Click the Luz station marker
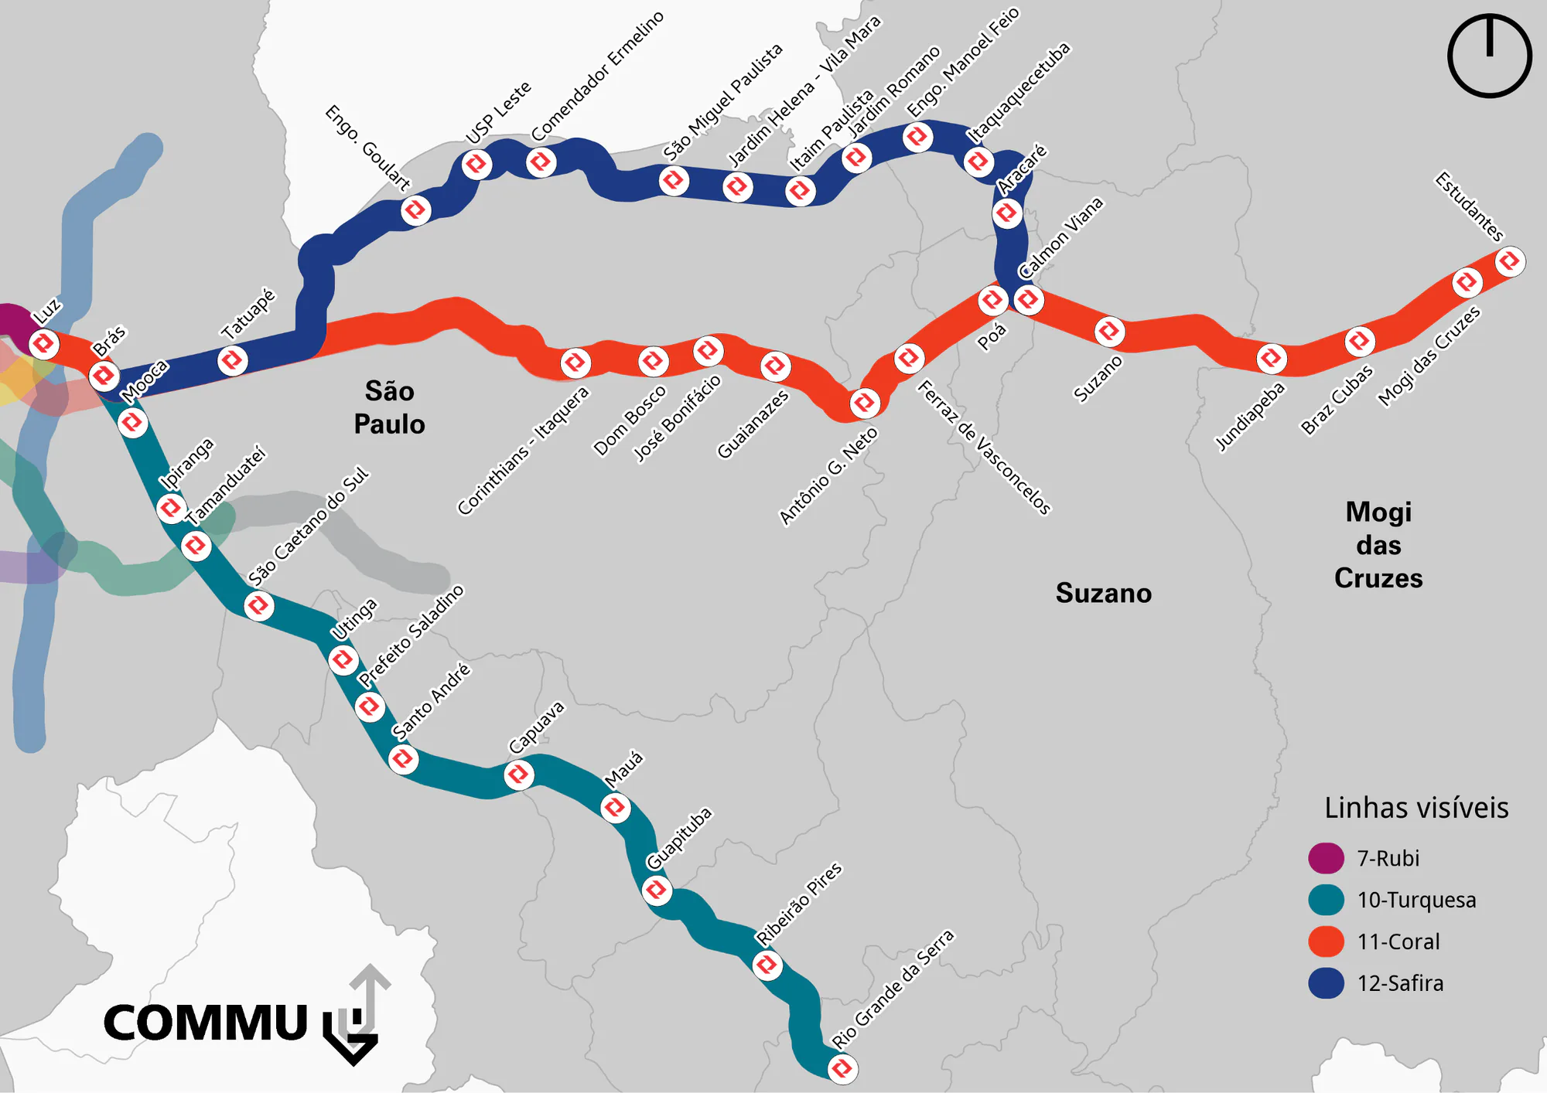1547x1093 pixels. click(x=44, y=343)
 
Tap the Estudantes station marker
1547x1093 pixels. click(x=1509, y=261)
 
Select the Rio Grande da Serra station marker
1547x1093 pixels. click(x=842, y=1068)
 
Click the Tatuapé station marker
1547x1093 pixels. click(x=232, y=360)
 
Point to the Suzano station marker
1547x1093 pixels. click(x=1109, y=331)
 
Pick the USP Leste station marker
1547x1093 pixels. click(x=476, y=164)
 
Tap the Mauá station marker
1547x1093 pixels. click(x=615, y=808)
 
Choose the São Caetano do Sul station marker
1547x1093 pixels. click(x=258, y=605)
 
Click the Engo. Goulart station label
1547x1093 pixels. click(x=367, y=148)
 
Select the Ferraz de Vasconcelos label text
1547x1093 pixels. click(x=984, y=447)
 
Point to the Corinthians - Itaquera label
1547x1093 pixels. click(x=523, y=451)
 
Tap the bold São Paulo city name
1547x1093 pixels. click(x=389, y=407)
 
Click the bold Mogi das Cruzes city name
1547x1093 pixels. click(x=1378, y=545)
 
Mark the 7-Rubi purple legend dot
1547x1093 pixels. click(x=1326, y=858)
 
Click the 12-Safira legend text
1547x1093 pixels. click(x=1400, y=983)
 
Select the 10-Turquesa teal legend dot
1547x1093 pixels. click(x=1326, y=900)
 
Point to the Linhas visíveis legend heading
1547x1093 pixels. click(x=1416, y=808)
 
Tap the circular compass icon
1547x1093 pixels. click(x=1489, y=56)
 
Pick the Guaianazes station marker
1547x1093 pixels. click(x=775, y=366)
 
